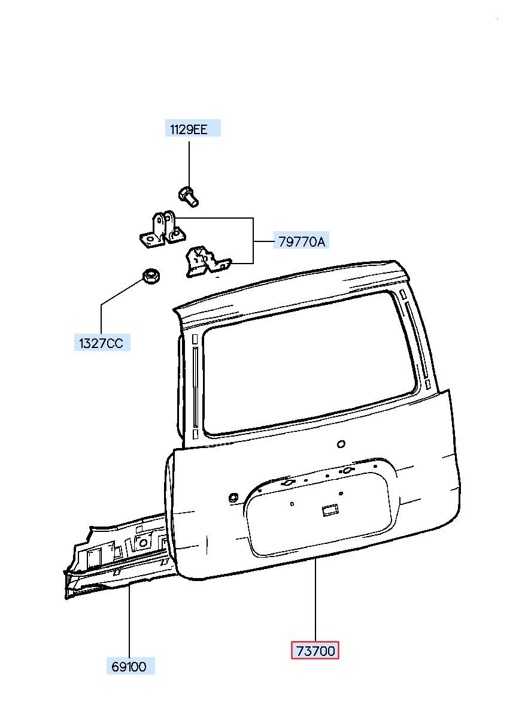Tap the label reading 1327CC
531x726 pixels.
[x=102, y=342]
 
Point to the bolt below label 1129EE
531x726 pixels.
[x=188, y=196]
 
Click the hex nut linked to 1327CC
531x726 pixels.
[x=151, y=277]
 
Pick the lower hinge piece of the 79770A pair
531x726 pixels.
[x=207, y=262]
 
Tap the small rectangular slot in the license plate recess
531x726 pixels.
[x=330, y=510]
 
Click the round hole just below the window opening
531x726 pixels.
[x=341, y=444]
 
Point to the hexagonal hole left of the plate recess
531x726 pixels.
[x=233, y=497]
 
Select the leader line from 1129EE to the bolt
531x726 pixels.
[x=189, y=164]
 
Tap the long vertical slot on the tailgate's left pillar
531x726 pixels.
[x=195, y=388]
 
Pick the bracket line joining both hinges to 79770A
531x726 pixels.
[x=253, y=240]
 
